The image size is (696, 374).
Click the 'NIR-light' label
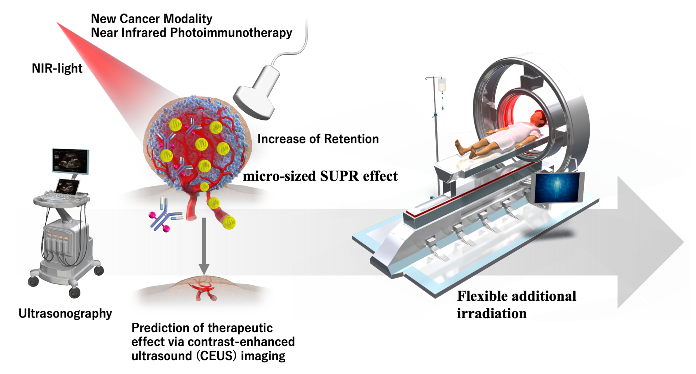point(57,68)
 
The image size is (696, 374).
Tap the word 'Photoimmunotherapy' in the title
point(231,33)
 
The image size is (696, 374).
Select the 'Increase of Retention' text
point(318,139)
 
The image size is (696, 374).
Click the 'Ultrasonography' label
point(65,313)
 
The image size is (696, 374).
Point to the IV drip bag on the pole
point(442,86)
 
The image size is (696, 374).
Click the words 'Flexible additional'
point(516,296)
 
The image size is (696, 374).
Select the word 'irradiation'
point(491,313)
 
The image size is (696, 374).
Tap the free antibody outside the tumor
point(165,217)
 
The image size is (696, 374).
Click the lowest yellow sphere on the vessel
point(229,222)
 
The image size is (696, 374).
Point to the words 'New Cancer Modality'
point(151,18)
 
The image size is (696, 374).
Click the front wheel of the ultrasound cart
point(74,292)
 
